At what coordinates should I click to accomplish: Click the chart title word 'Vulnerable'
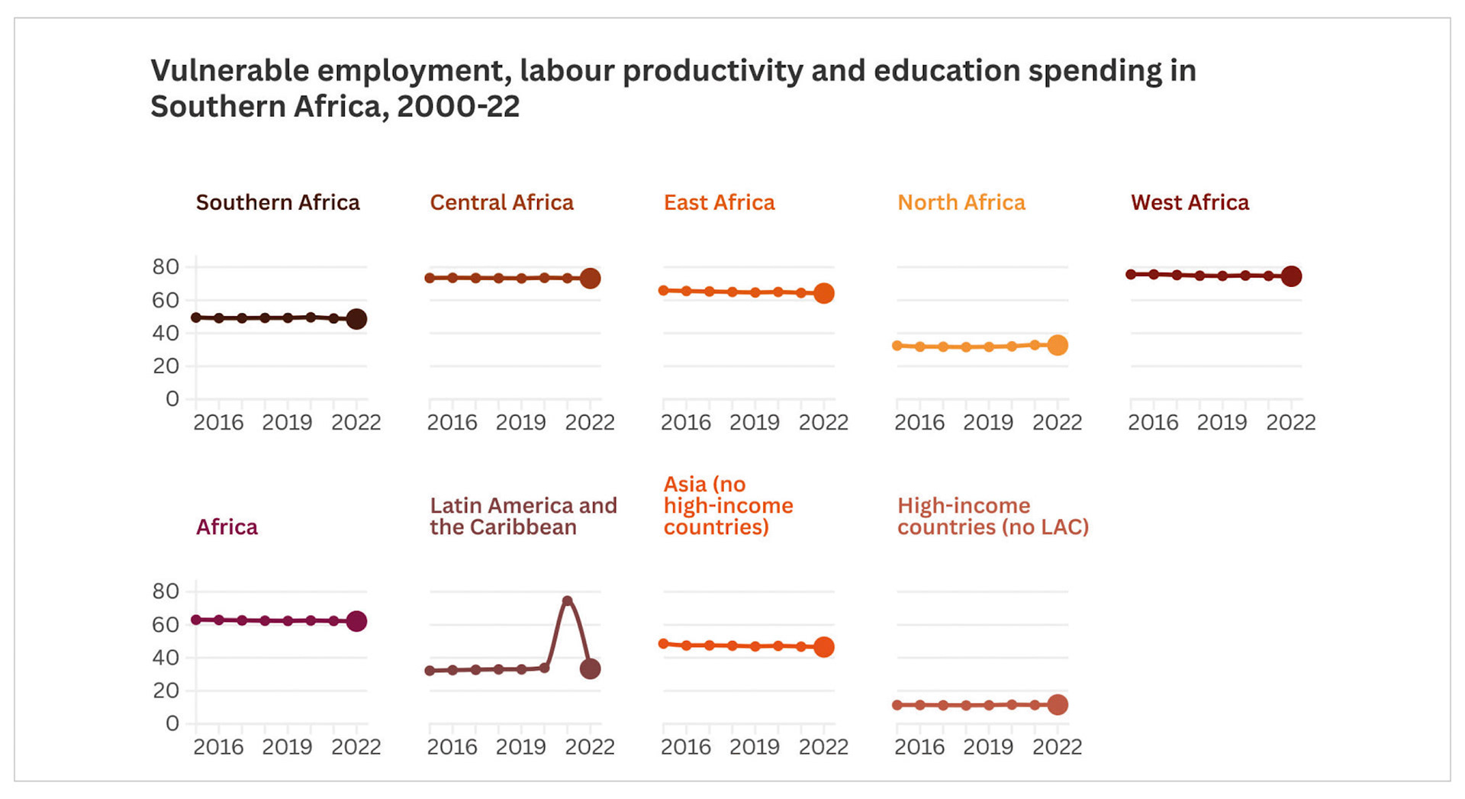[x=229, y=71]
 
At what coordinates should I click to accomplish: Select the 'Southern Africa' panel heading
[x=278, y=202]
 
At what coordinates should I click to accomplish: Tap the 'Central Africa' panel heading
[x=501, y=202]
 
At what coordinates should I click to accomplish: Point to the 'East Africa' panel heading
[x=719, y=202]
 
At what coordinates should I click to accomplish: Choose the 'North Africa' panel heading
[x=961, y=202]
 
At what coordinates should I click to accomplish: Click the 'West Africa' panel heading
[x=1190, y=202]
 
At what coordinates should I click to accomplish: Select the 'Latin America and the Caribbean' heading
[x=523, y=516]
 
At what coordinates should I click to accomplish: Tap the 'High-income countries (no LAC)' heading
[x=993, y=516]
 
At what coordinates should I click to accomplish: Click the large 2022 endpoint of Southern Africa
[x=356, y=319]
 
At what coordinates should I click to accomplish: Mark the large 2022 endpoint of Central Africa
[x=590, y=279]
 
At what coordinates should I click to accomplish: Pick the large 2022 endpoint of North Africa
[x=1058, y=345]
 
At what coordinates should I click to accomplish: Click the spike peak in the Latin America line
[x=567, y=601]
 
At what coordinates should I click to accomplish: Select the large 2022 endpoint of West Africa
[x=1291, y=276]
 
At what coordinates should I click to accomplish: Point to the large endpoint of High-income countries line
[x=1058, y=705]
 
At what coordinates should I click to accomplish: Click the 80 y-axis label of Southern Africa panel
[x=166, y=267]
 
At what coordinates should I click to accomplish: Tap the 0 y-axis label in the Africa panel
[x=172, y=723]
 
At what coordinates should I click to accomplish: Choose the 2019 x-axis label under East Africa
[x=755, y=423]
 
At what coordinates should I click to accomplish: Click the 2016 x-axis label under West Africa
[x=1153, y=423]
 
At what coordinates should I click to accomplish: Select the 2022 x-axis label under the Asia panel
[x=823, y=747]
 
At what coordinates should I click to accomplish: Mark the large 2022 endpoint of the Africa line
[x=356, y=621]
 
